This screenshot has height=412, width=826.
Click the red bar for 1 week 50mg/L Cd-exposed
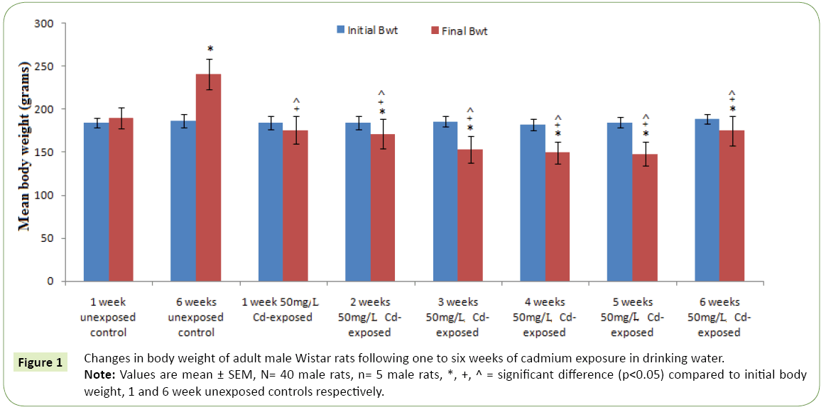pyautogui.click(x=295, y=206)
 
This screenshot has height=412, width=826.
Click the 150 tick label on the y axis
pyautogui.click(x=45, y=152)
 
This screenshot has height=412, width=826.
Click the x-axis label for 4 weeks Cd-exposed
pyautogui.click(x=546, y=317)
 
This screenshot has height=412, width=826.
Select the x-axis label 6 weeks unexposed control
pyautogui.click(x=196, y=317)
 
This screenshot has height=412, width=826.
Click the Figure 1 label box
pyautogui.click(x=40, y=362)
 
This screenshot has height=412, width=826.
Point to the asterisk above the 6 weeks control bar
pyautogui.click(x=210, y=50)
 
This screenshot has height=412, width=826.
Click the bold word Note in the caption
pyautogui.click(x=95, y=374)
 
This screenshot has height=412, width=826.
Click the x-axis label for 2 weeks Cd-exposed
pyautogui.click(x=371, y=317)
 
